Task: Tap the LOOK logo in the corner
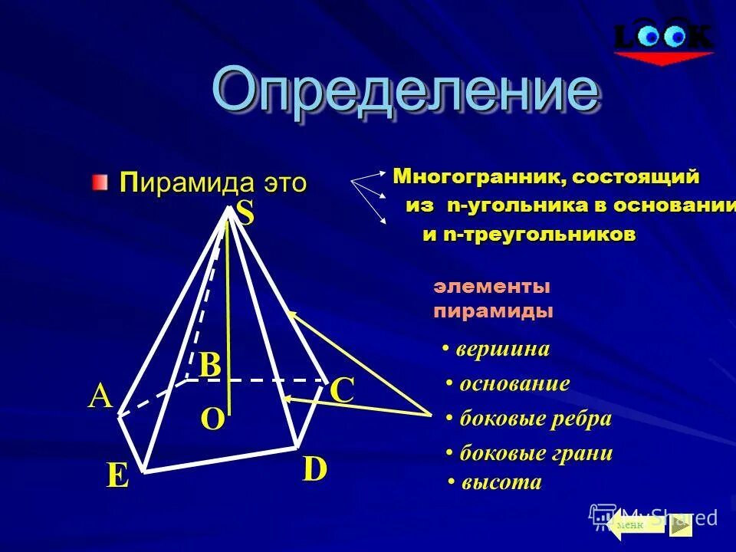(x=664, y=38)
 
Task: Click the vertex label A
(x=100, y=397)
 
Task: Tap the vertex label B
(x=210, y=366)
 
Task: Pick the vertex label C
(x=341, y=392)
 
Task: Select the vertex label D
(x=314, y=469)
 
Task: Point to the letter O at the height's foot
(x=212, y=419)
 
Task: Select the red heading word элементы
(x=492, y=287)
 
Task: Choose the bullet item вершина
(x=503, y=350)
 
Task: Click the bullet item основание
(x=514, y=383)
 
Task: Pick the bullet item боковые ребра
(x=535, y=419)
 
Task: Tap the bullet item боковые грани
(x=536, y=453)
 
